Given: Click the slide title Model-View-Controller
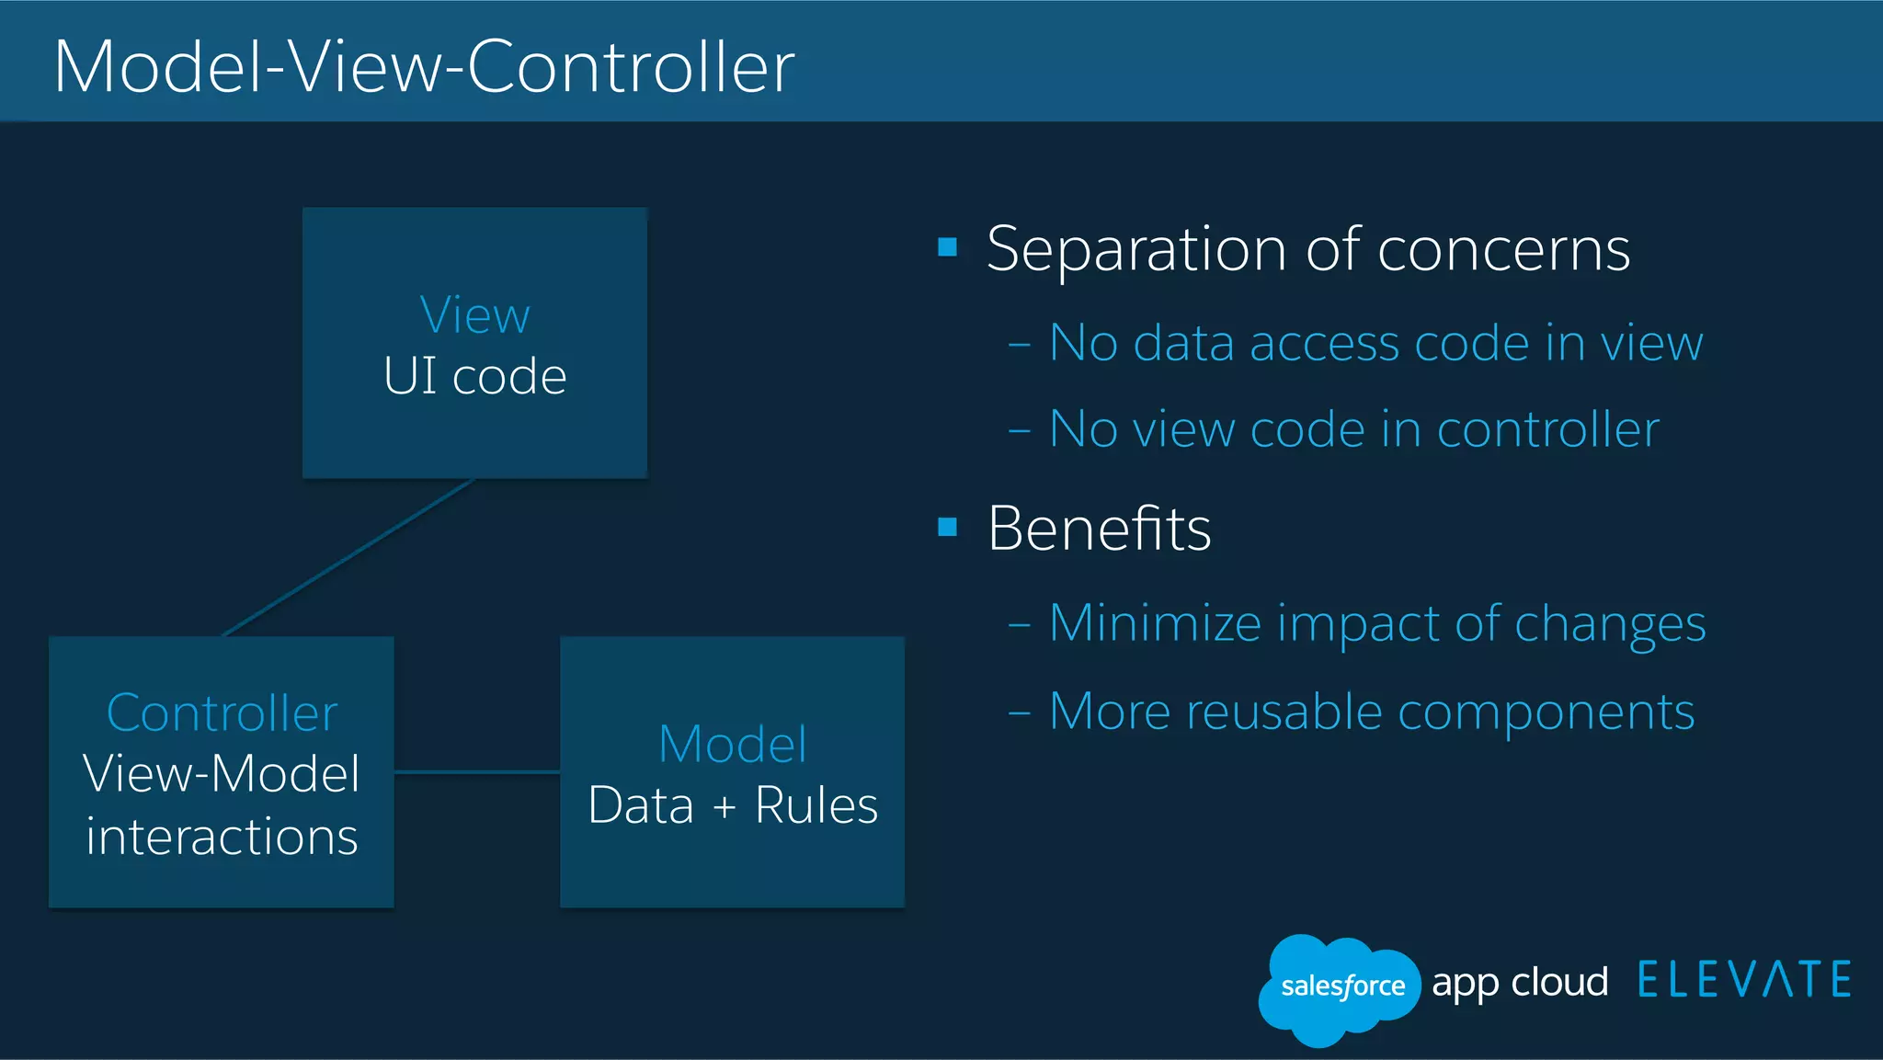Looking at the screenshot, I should click(424, 66).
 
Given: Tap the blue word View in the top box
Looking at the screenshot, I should click(474, 315).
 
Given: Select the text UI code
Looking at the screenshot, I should click(474, 376).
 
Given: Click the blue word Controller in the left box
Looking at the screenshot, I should click(222, 713).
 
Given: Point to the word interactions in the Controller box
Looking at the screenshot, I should click(222, 837).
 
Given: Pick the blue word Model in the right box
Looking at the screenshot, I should click(733, 744).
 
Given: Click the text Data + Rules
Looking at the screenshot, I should click(733, 805).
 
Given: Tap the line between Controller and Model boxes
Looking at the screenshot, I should click(476, 772).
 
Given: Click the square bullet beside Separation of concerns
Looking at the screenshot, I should click(948, 247).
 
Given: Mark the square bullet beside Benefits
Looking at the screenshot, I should click(948, 528).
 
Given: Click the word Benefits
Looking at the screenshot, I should click(1099, 529).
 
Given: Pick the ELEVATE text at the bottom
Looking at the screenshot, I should click(1744, 980).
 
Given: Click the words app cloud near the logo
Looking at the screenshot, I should click(1520, 983).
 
